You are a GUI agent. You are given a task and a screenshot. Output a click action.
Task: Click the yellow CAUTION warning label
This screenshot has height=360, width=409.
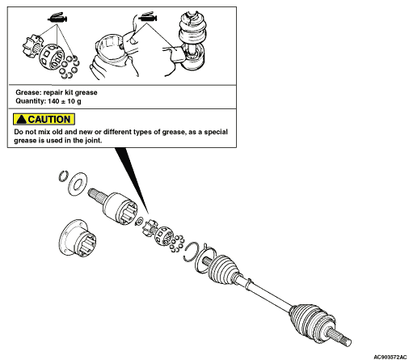coord(44,119)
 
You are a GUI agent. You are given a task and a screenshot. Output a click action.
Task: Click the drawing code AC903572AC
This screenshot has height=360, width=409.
coord(390,357)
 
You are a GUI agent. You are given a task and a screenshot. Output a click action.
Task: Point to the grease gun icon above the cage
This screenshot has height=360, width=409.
coord(57,18)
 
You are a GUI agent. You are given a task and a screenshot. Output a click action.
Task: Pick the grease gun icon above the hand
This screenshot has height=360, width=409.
coord(148,17)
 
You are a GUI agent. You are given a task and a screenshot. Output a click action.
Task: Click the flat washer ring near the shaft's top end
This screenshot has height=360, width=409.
coord(78,184)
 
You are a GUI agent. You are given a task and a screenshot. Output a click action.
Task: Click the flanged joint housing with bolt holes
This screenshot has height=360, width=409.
coord(78,238)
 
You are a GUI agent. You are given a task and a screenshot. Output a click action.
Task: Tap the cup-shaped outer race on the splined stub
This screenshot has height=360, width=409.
coord(120,208)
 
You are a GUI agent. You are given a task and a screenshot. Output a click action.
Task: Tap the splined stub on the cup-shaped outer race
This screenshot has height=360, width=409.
coord(96,196)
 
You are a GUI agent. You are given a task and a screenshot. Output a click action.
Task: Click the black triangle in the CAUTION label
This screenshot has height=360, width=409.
coord(22,120)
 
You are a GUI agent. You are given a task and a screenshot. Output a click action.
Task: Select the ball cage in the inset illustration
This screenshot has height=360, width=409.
coord(51,57)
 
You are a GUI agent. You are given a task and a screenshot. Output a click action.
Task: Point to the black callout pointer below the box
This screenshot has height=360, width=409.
coord(131,180)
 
